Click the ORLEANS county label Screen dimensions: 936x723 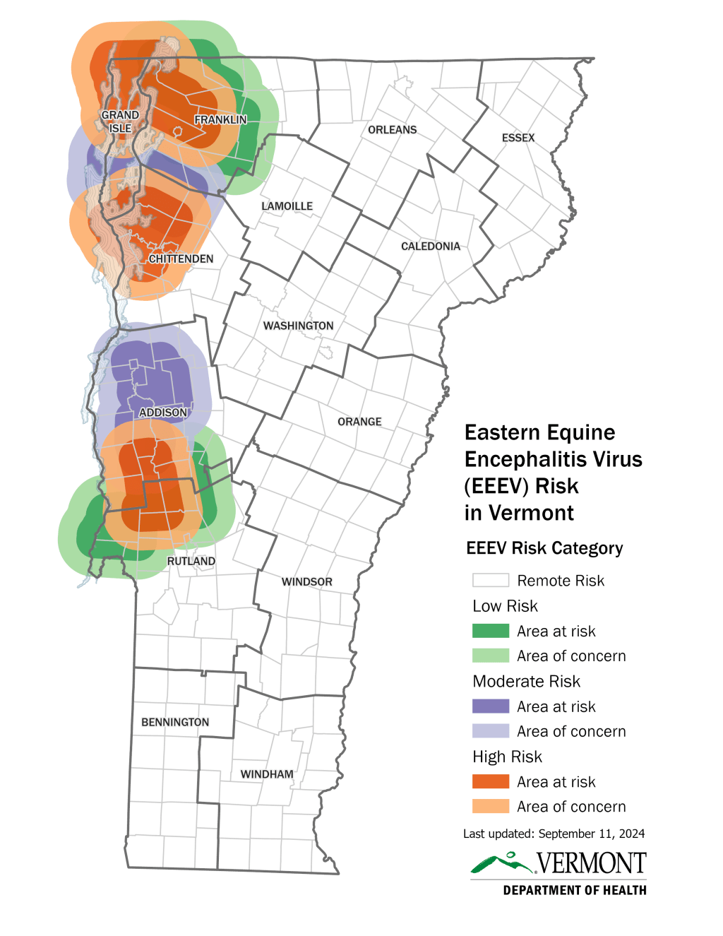point(392,130)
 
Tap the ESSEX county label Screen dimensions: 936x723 point(518,138)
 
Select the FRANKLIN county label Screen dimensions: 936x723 point(220,120)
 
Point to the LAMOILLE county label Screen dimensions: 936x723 point(287,206)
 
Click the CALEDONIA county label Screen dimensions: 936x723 point(430,247)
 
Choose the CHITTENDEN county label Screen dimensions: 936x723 point(181,259)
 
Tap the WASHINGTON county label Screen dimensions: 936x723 point(298,326)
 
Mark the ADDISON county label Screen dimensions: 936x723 point(163,413)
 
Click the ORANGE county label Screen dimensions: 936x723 point(359,422)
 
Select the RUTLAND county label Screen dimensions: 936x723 point(191,561)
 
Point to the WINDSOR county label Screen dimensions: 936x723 point(306,582)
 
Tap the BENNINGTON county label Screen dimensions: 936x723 point(175,722)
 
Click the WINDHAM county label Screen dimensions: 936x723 point(266,774)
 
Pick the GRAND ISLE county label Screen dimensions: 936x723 point(120,122)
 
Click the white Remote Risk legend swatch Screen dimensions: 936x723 point(490,580)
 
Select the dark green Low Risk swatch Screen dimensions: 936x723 point(490,631)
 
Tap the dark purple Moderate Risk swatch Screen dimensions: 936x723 point(490,706)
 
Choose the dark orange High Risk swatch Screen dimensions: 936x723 point(490,781)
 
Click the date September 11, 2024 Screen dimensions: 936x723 point(591,834)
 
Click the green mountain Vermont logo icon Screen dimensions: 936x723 point(502,863)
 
